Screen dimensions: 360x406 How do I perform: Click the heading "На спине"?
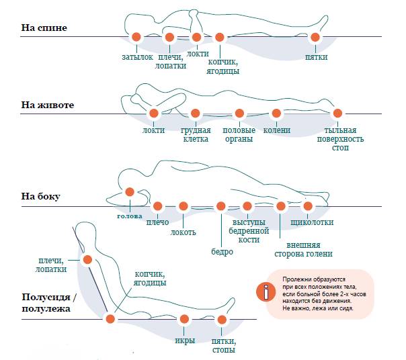(x=44, y=28)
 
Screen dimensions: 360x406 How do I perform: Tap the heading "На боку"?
(x=41, y=197)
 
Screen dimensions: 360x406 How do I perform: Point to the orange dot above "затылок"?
(x=136, y=37)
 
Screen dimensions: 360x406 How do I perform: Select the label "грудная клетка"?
(x=196, y=134)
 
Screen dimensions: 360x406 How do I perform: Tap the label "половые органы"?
(x=238, y=134)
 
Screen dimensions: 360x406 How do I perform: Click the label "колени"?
(x=276, y=130)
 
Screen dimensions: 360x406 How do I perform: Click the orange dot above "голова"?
(x=130, y=192)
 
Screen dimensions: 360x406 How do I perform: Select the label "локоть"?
(x=183, y=232)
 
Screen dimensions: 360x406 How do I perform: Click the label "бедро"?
(x=221, y=252)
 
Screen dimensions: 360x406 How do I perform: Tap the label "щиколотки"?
(x=312, y=222)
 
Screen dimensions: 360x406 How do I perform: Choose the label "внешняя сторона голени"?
(x=303, y=249)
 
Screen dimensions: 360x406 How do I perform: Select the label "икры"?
(x=184, y=340)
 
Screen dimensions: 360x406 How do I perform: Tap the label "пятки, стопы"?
(x=222, y=345)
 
